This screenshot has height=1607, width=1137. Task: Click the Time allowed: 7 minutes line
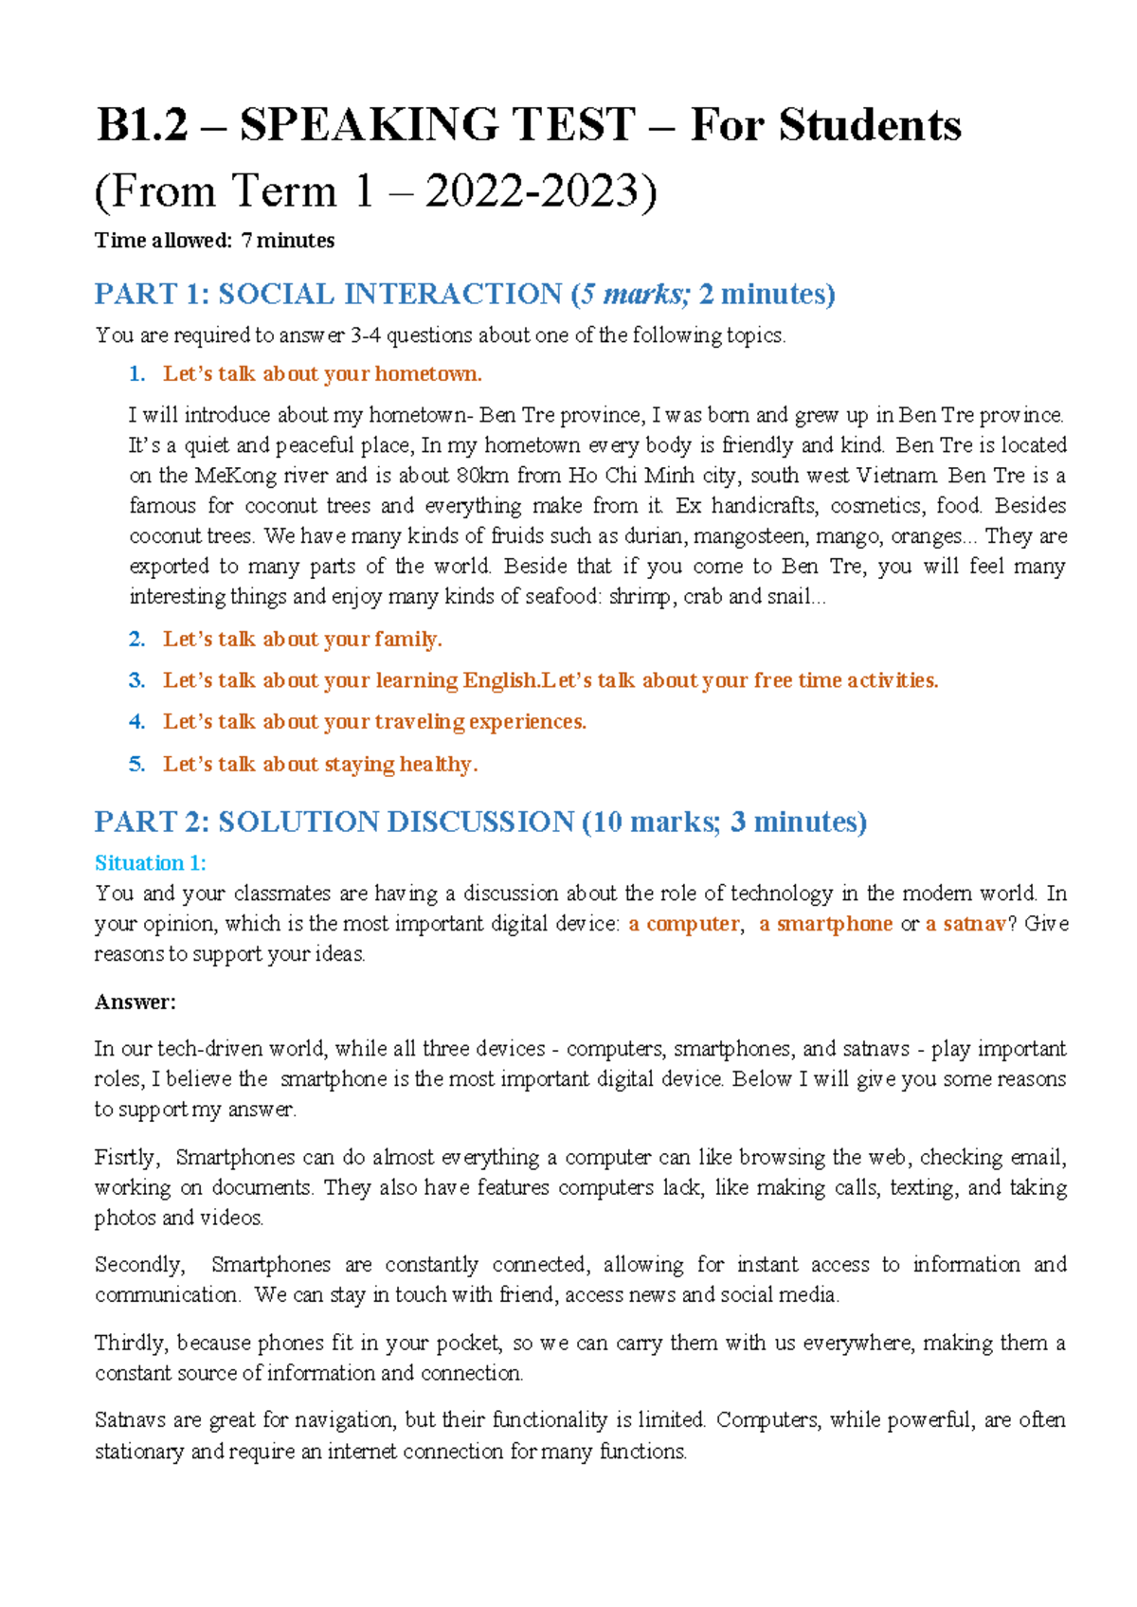(214, 241)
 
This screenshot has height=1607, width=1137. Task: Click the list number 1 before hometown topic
(136, 374)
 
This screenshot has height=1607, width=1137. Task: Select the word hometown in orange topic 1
(427, 374)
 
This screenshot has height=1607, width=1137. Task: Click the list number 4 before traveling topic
(136, 722)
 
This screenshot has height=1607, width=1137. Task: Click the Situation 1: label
(150, 863)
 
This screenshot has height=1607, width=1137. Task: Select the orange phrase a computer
(683, 924)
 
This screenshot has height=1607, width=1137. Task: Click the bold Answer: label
(135, 1002)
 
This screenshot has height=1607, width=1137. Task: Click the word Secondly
(139, 1265)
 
